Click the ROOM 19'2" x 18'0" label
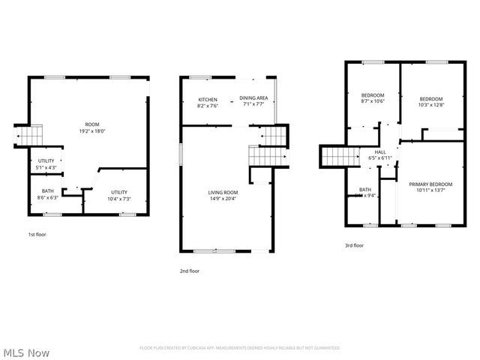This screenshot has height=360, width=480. coord(92,127)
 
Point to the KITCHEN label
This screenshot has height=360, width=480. coord(208,103)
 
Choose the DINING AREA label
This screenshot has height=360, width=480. coord(253,101)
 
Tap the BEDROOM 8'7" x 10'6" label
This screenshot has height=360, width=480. coord(373,98)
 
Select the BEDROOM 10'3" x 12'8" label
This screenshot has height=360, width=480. coord(430,102)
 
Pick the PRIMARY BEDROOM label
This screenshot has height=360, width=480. coord(430,187)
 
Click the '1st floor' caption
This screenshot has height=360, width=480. coord(37,235)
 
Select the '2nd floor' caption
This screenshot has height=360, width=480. coord(189,271)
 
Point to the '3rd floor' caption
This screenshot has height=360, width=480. coord(354,245)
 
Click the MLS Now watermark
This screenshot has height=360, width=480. coord(26,352)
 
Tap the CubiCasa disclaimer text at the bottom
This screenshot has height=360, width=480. coord(239,348)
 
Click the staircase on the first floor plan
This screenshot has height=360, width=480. coord(30,136)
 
